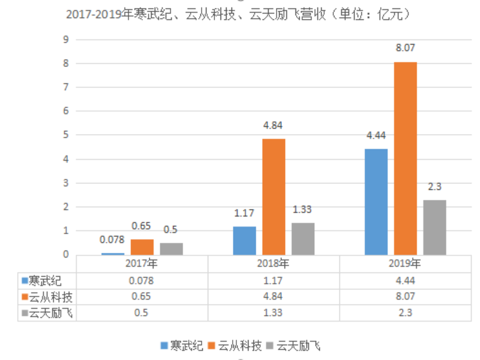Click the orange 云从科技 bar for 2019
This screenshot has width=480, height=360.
(405, 158)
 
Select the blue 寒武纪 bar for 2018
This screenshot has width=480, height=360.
(244, 241)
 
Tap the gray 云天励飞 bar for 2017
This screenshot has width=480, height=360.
(171, 249)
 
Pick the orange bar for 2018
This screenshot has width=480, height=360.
(274, 197)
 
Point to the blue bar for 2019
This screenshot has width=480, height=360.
(376, 202)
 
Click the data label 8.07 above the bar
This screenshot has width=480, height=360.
(405, 48)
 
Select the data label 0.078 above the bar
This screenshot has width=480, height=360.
(112, 240)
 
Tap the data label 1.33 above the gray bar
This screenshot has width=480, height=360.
(303, 210)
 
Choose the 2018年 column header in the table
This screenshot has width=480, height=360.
(274, 264)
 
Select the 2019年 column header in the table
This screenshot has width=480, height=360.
(405, 264)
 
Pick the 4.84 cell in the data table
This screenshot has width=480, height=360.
(274, 297)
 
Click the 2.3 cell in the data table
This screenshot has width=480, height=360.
(405, 313)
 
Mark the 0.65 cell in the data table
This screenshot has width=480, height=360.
(142, 297)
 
